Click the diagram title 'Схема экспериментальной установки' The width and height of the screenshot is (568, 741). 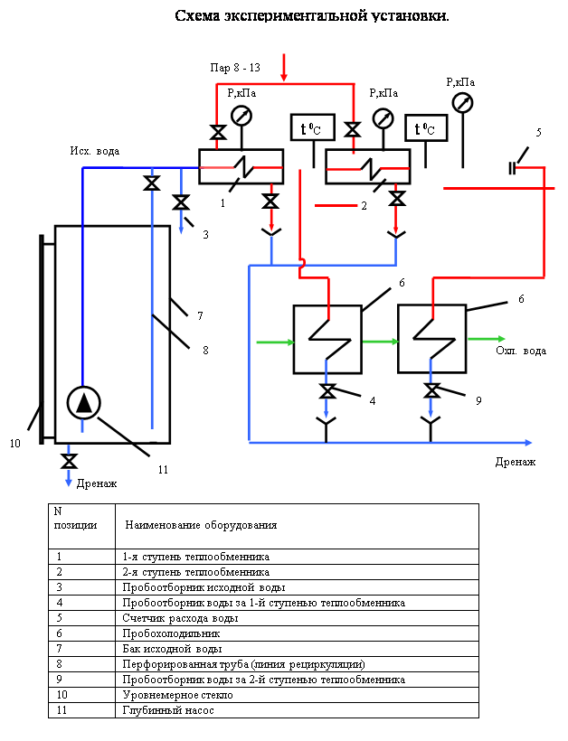point(311,15)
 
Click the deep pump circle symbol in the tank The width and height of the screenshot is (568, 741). point(84,403)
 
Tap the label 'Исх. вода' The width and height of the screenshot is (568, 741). point(95,151)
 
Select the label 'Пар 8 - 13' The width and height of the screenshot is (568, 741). point(235,68)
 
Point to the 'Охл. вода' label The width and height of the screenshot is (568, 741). point(521,351)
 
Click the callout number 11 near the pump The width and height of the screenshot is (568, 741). point(163,470)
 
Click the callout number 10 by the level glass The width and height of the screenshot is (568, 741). point(14,444)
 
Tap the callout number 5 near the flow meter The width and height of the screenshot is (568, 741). point(539,132)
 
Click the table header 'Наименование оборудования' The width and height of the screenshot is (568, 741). point(201,525)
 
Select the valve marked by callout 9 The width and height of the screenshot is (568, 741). point(433,390)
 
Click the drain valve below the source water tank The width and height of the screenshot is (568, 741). point(68,461)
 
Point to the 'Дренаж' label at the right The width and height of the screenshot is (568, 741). point(516,462)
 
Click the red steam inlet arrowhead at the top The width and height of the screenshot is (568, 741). point(285,75)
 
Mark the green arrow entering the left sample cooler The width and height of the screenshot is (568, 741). point(276,342)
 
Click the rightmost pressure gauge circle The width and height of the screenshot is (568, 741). point(462,102)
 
